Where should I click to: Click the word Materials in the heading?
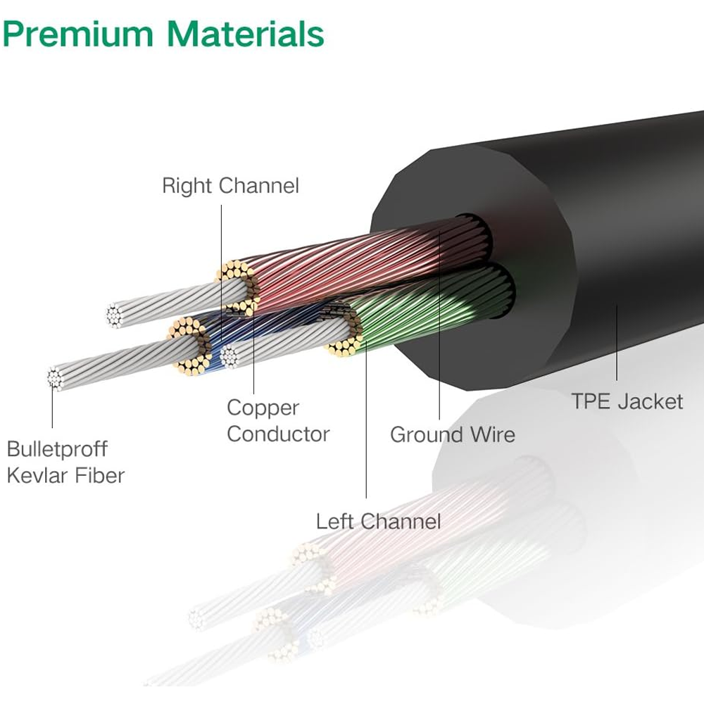click(246, 33)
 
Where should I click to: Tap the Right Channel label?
click(230, 186)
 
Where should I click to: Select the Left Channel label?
click(378, 522)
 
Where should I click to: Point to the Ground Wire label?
click(452, 434)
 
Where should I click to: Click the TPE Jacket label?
click(627, 401)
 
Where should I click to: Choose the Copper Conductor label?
click(277, 421)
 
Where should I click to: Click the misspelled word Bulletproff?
click(57, 448)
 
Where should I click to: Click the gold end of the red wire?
click(237, 285)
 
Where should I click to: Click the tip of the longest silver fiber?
click(56, 379)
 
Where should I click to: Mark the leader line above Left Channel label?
click(366, 422)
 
